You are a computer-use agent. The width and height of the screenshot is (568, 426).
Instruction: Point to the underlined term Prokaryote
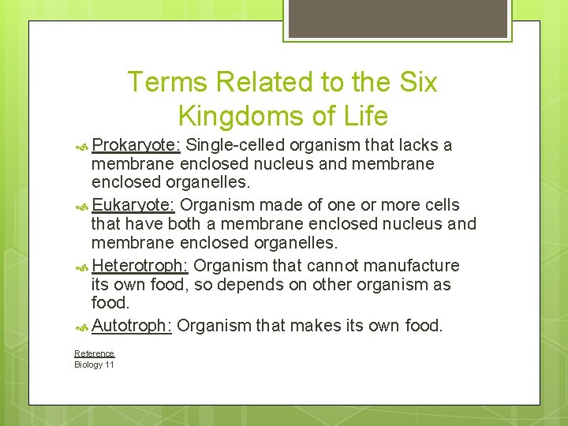click(x=136, y=145)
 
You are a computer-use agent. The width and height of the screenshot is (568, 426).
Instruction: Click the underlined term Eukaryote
click(x=133, y=205)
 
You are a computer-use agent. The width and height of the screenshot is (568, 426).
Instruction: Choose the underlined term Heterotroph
click(x=140, y=265)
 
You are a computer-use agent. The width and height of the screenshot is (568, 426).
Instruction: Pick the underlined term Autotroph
click(x=132, y=325)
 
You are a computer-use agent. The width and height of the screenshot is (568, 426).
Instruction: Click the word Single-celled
click(x=236, y=145)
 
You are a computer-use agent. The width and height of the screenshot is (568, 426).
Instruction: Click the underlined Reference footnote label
click(x=94, y=353)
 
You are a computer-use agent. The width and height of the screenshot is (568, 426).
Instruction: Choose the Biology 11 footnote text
click(x=94, y=364)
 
